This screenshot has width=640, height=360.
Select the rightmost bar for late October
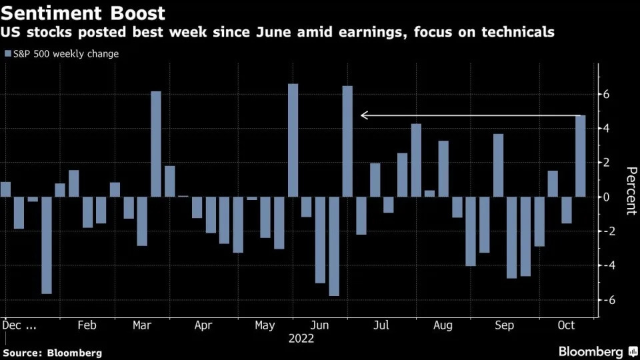point(580,156)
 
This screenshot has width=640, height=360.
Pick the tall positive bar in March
point(155,144)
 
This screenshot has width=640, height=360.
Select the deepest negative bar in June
point(334,246)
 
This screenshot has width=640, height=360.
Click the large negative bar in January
point(46,245)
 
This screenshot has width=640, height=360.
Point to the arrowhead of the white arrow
point(363,115)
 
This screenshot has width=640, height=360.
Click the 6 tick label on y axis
point(607,95)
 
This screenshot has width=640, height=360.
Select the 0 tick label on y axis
point(607,197)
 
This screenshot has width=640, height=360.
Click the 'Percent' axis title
point(629,191)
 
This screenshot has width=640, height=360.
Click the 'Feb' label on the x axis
point(87,325)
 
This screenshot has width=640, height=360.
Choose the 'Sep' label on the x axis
point(505,325)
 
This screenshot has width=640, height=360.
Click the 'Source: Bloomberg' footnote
point(53,353)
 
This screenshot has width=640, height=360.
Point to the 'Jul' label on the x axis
point(381,325)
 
